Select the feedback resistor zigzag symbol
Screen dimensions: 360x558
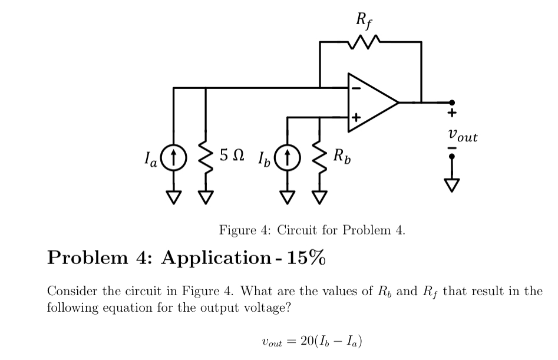[369, 42]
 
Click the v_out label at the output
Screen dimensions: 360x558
[463, 137]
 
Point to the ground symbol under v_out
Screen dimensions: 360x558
[452, 185]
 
